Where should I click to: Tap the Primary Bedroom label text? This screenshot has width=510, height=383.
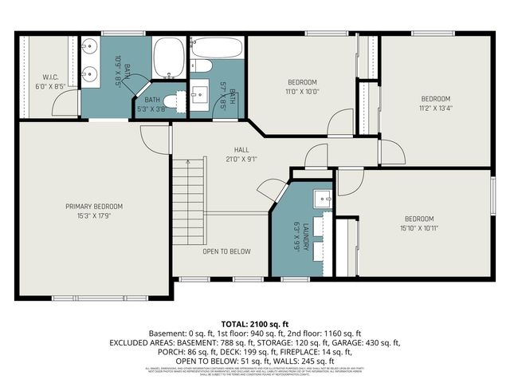[94, 206]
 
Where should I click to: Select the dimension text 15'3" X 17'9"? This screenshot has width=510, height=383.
[94, 215]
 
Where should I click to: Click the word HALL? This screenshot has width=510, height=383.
[241, 149]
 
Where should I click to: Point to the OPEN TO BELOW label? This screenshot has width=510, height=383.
[226, 251]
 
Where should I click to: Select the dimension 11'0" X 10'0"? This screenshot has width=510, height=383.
[302, 92]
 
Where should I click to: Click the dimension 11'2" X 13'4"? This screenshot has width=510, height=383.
[436, 108]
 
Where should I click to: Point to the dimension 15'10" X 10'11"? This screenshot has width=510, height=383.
[418, 228]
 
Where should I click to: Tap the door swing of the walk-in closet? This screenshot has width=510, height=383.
[62, 101]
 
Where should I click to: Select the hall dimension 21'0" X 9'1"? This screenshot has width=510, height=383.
[241, 158]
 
